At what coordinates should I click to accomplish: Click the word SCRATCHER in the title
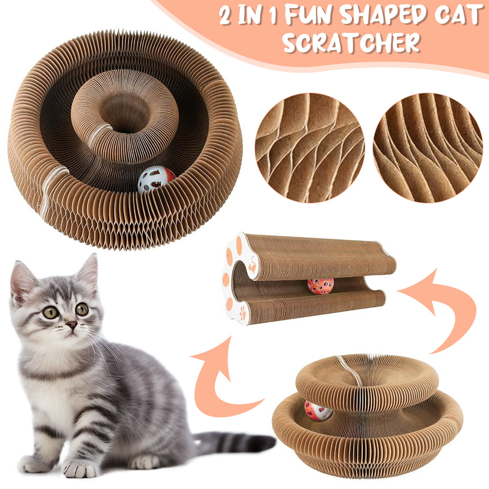(x=351, y=42)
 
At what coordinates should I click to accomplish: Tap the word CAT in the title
(x=458, y=15)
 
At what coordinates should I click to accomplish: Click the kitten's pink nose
(x=72, y=325)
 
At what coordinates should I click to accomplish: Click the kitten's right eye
(x=82, y=309)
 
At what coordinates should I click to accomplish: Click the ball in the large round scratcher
(x=156, y=180)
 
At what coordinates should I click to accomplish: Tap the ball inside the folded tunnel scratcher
(x=320, y=286)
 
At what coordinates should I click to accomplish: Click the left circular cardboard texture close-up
(x=309, y=148)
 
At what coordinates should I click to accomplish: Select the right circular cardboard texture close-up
(x=428, y=148)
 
